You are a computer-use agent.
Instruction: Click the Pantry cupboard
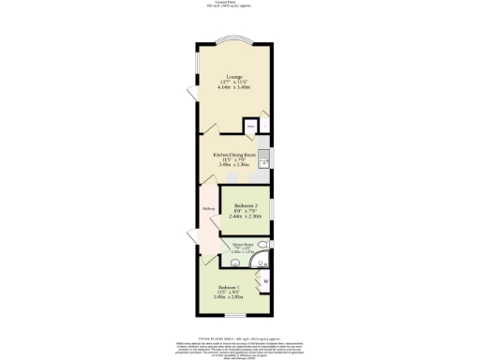[251, 127]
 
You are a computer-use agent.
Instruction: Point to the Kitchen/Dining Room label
[233, 153]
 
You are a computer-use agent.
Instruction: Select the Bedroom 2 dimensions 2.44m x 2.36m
[244, 220]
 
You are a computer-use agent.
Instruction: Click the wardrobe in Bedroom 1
[265, 281]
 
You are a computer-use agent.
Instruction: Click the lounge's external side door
[191, 92]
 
